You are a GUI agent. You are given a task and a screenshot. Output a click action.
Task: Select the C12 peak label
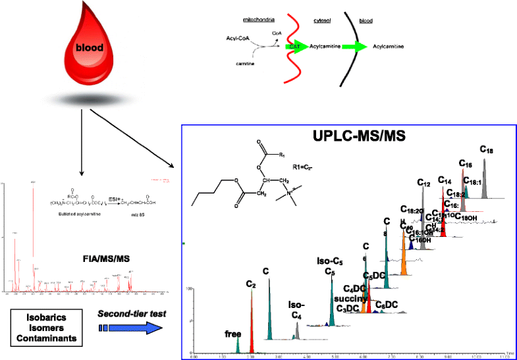[x=423, y=182]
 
